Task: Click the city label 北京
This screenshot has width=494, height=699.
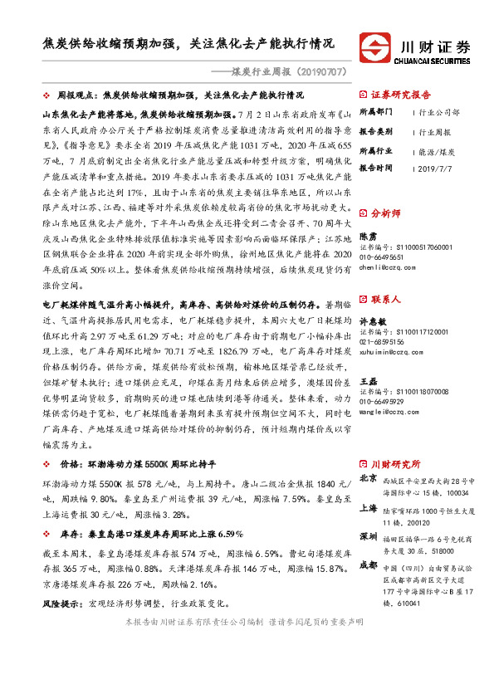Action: click(369, 479)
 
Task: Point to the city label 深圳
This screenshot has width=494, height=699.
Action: click(369, 536)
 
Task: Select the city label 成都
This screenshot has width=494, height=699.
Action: click(369, 565)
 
